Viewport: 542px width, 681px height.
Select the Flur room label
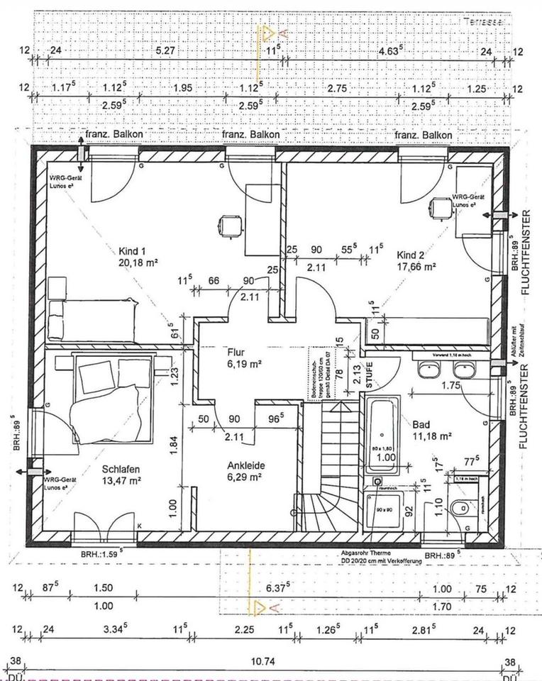[236, 351]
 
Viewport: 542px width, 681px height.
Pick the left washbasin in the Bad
[428, 368]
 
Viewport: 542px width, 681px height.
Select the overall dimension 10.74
[263, 662]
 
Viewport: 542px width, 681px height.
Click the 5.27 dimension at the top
[165, 50]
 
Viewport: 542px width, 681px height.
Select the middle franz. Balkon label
[251, 134]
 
